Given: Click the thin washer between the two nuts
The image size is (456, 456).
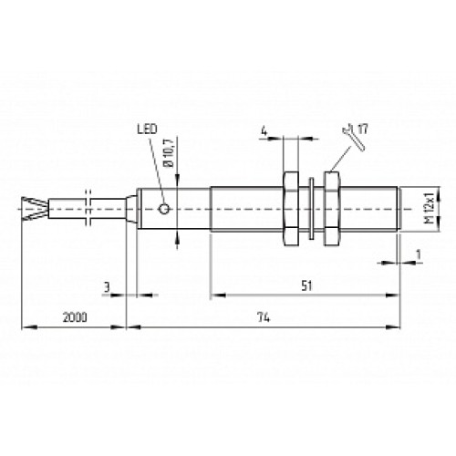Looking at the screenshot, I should click(x=313, y=209).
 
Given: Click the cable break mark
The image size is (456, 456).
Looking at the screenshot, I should click(x=88, y=209).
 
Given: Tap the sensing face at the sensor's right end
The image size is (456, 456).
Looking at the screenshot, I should click(x=400, y=209).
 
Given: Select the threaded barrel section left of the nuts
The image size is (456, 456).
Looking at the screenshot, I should click(x=246, y=209).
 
